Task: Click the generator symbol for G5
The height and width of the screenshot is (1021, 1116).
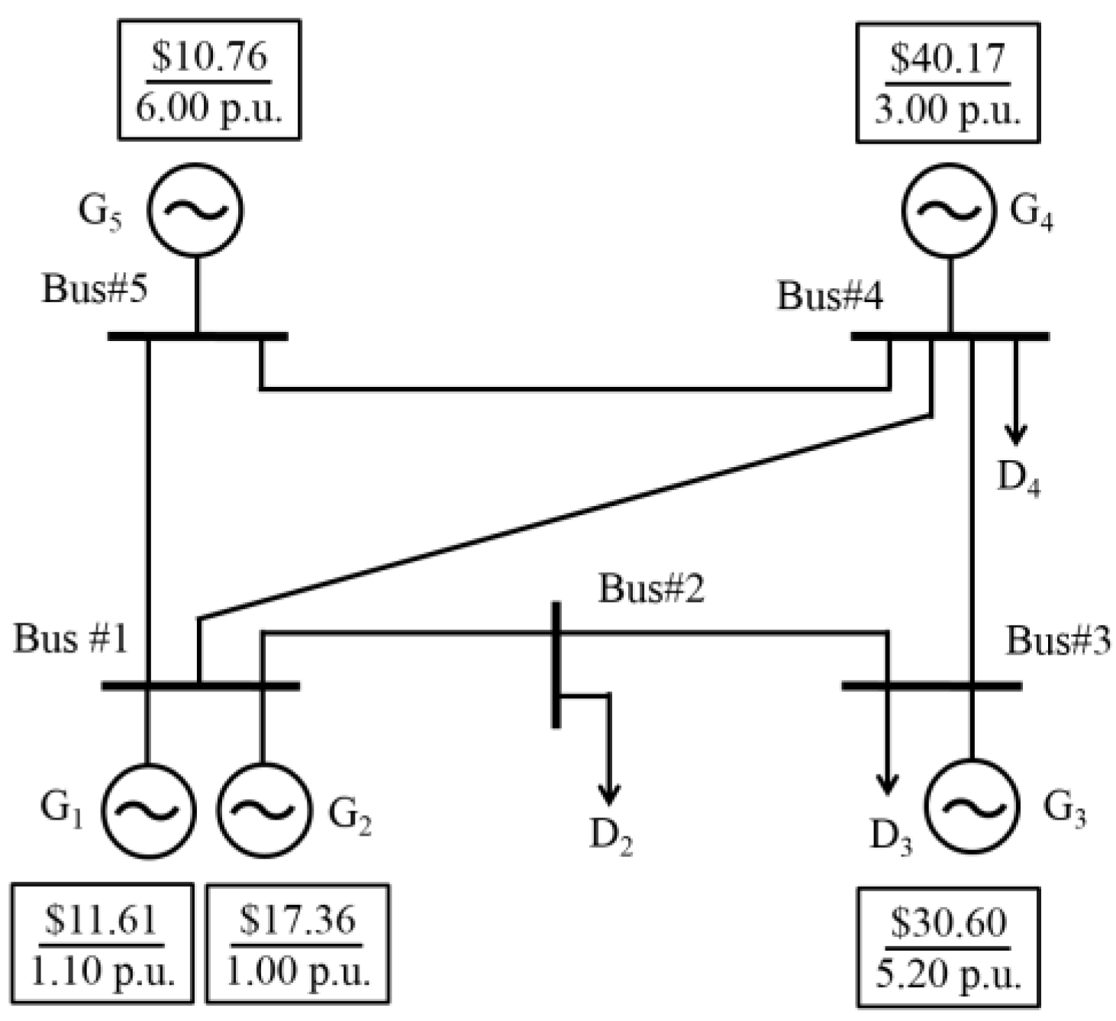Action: [195, 209]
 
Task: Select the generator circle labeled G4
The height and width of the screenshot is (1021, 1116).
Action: [949, 210]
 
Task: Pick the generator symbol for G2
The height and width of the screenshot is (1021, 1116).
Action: [263, 811]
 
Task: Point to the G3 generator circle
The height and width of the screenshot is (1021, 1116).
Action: [971, 806]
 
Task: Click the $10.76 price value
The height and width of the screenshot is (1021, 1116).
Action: [209, 57]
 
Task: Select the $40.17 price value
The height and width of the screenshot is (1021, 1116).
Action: [947, 59]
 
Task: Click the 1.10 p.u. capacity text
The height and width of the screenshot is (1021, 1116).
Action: [102, 972]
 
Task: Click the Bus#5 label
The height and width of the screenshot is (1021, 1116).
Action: [95, 289]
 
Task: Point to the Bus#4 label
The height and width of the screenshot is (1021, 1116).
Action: [830, 295]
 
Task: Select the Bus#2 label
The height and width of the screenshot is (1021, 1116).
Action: [651, 588]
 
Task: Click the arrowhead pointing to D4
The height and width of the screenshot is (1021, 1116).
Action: [1014, 436]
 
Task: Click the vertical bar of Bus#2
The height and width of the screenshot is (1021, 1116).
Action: [556, 664]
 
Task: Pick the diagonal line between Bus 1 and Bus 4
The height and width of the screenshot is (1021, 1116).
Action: [565, 517]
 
